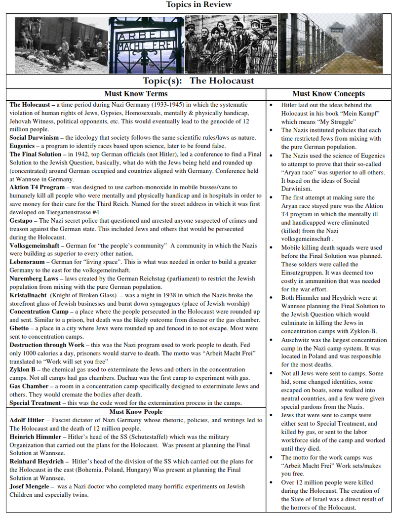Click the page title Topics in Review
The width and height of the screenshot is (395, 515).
pos(198,4)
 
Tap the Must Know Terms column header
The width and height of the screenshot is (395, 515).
pos(136,94)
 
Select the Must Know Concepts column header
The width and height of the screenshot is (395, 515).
pos(328,94)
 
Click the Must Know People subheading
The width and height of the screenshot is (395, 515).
pos(136,411)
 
